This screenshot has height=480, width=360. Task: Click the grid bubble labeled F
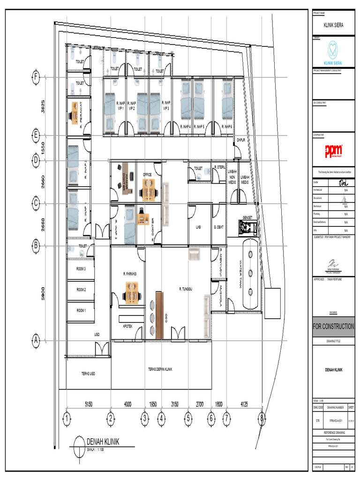pyautogui.click(x=35, y=77)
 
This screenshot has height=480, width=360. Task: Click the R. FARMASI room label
pyautogui.click(x=130, y=274)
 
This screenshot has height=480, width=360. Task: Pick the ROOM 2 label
pyautogui.click(x=81, y=290)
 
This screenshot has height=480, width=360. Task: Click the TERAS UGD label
pyautogui.click(x=86, y=374)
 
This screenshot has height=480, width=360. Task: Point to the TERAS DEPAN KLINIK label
pyautogui.click(x=161, y=369)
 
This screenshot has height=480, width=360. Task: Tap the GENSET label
pyautogui.click(x=247, y=217)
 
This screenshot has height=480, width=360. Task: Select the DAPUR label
pyautogui.click(x=241, y=140)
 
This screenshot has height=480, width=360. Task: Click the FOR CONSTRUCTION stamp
pyautogui.click(x=334, y=326)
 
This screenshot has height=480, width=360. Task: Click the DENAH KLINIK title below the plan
pyautogui.click(x=103, y=442)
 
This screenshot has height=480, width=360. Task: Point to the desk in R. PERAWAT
pyautogui.click(x=75, y=113)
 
